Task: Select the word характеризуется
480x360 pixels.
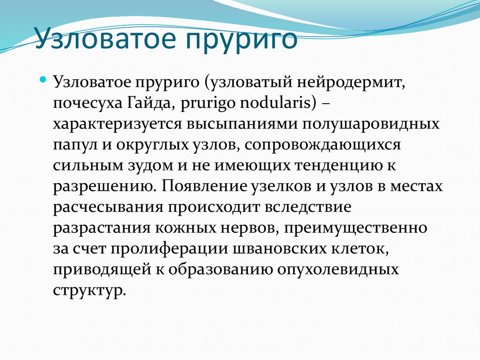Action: coord(117,124)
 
